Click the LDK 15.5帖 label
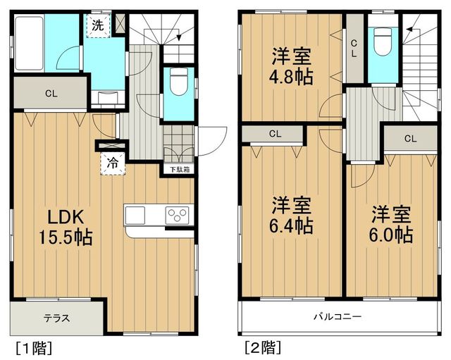[x=66, y=227]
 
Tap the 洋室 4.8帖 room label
[x=291, y=66]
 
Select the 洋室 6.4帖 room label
[x=291, y=215]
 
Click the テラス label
[x=56, y=318]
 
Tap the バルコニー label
[x=338, y=317]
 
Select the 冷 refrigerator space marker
[x=113, y=163]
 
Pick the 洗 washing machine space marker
[x=97, y=25]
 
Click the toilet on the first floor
[x=178, y=80]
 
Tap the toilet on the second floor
[x=383, y=42]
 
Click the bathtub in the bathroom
[x=29, y=43]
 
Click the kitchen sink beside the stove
[x=135, y=215]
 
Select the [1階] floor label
[x=34, y=348]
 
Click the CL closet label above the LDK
[x=51, y=94]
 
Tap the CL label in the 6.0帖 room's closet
[x=410, y=139]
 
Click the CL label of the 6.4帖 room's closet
[x=275, y=134]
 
